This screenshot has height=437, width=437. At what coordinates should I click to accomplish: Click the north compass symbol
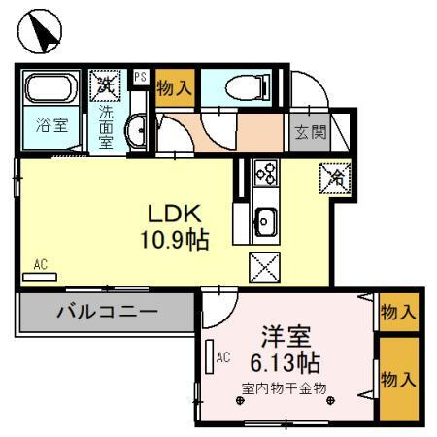click(x=40, y=32)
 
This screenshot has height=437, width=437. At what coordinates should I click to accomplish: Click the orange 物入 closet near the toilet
click(x=174, y=88)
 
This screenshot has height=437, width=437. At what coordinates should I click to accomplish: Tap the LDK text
click(x=174, y=213)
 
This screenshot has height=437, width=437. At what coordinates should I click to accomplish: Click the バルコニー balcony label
click(x=106, y=313)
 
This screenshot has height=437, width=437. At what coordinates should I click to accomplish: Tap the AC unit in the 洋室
click(x=210, y=359)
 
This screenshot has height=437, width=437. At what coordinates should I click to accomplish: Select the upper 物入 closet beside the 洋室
click(x=398, y=313)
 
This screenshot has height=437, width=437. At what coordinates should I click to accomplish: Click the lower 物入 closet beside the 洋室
click(x=398, y=378)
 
